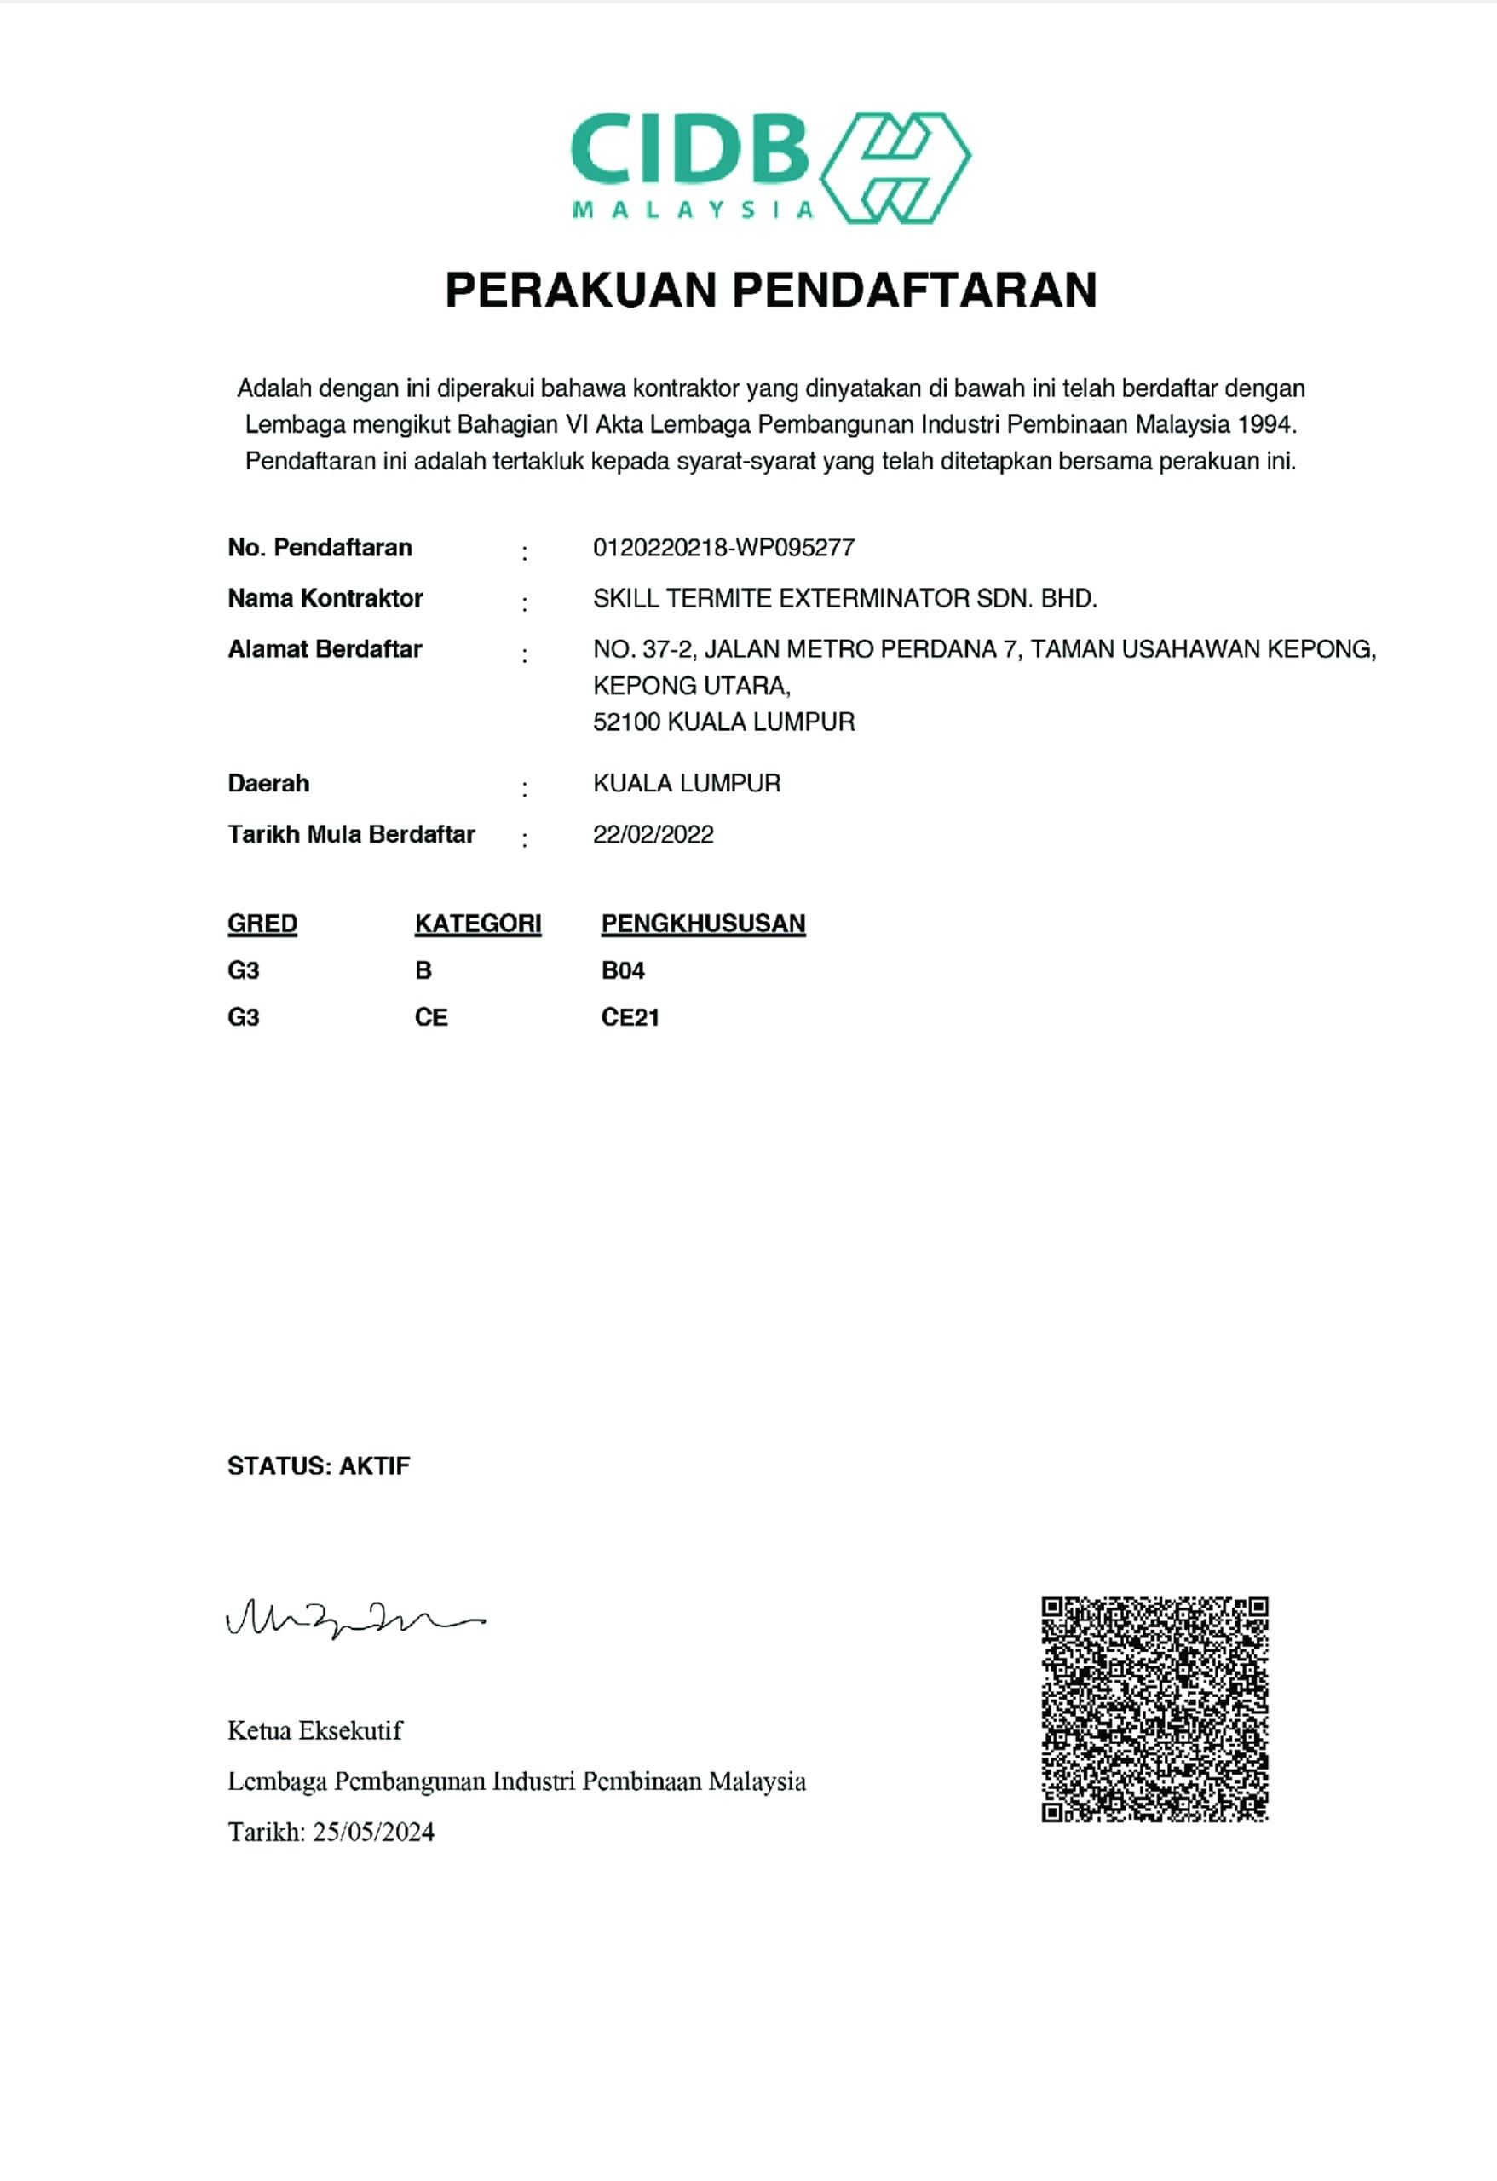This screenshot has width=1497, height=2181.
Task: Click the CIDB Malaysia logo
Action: (769, 168)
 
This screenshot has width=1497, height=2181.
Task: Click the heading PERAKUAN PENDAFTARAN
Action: (770, 289)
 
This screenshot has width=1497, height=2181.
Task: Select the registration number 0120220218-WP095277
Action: (723, 548)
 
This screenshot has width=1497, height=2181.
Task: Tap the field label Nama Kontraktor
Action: (325, 599)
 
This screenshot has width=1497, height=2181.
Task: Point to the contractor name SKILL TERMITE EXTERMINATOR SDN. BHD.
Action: (844, 599)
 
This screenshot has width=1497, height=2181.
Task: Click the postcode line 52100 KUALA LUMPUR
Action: (723, 722)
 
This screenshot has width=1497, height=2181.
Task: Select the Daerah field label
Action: (268, 784)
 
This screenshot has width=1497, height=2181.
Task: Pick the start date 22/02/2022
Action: (653, 835)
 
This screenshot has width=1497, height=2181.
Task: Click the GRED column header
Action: (262, 924)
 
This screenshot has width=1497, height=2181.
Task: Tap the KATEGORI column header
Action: (478, 924)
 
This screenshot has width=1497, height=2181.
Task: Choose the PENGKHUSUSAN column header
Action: (703, 924)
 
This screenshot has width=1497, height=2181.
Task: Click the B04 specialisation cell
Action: (623, 971)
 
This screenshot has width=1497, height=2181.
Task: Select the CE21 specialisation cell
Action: (630, 1018)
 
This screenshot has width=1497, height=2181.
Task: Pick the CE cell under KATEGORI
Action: (431, 1018)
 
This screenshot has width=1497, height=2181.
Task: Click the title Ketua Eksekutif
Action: (314, 1731)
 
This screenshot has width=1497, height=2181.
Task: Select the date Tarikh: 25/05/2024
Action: (331, 1833)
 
